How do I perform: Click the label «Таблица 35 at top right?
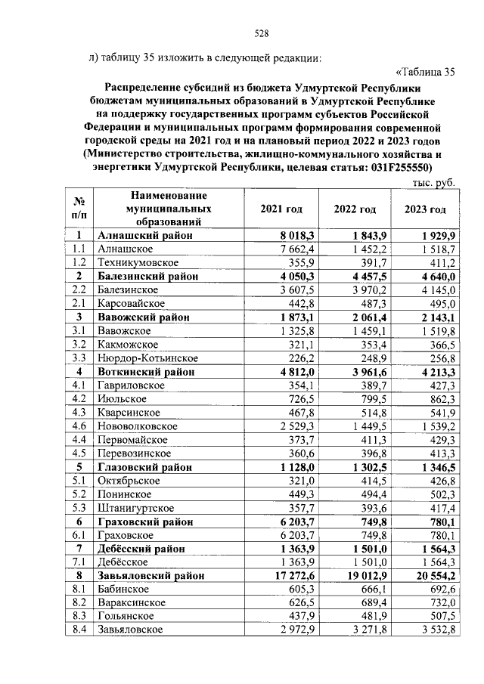tap(426, 73)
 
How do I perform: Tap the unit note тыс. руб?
tap(433, 183)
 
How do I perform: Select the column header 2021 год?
tap(281, 209)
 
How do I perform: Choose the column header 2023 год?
tap(424, 209)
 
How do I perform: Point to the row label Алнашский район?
tap(144, 236)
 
